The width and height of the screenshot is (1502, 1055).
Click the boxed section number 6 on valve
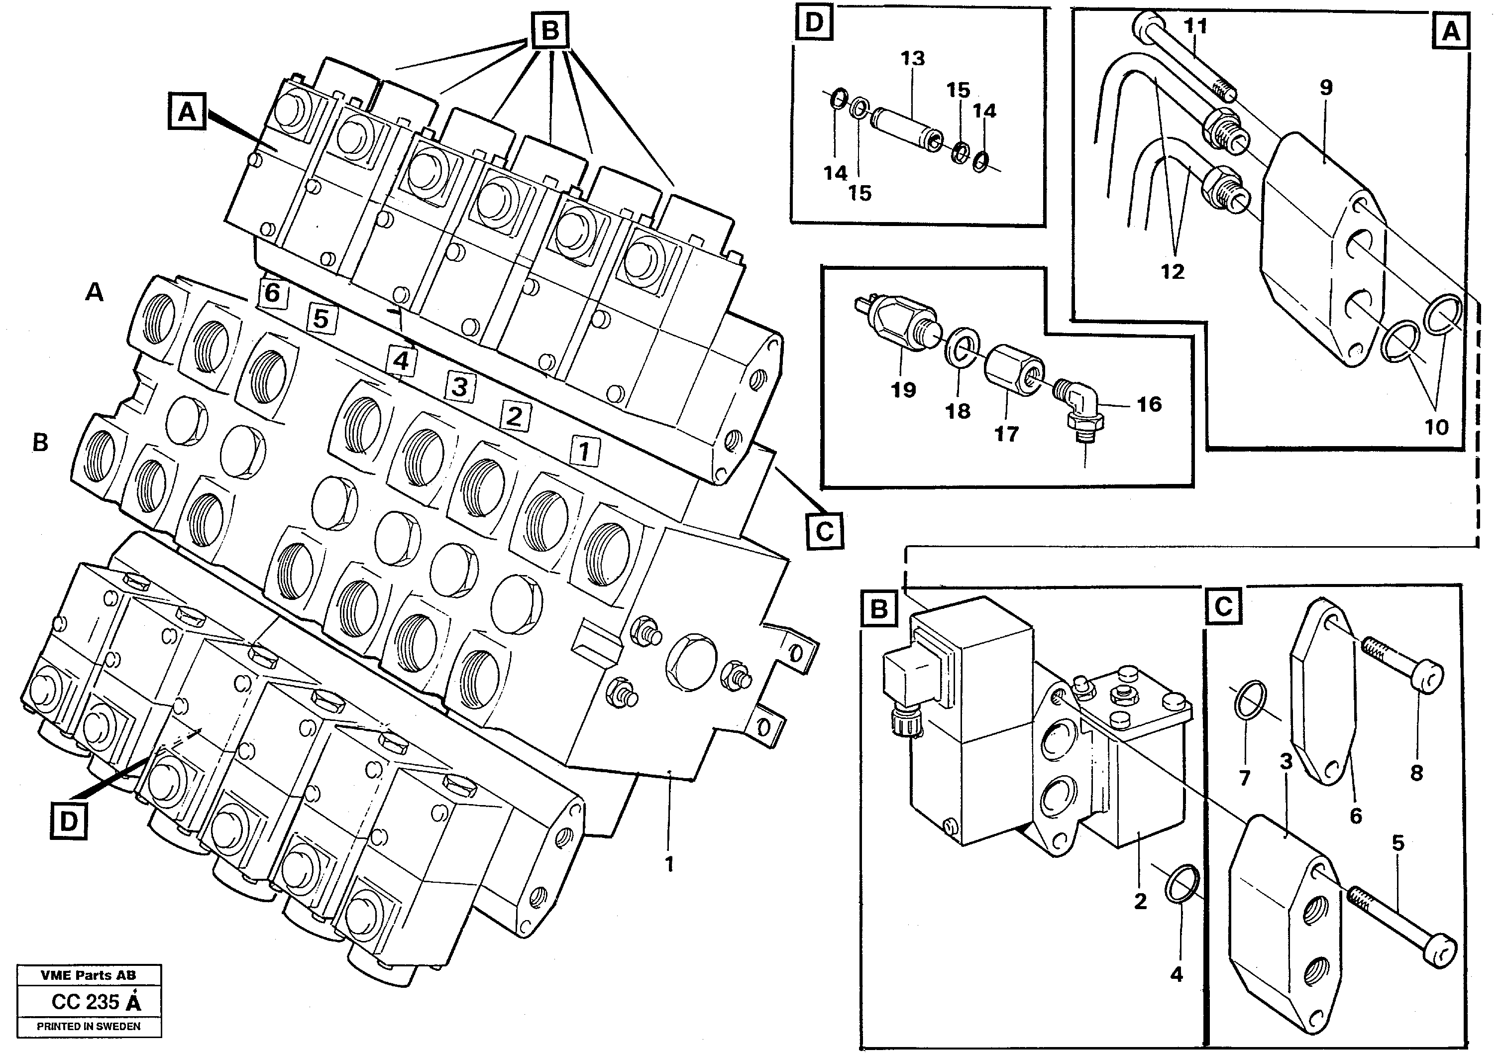click(x=272, y=293)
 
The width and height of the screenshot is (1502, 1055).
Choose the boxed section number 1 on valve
click(x=584, y=451)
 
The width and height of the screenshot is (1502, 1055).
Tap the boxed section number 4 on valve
click(x=401, y=360)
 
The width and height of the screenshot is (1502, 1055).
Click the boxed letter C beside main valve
click(x=824, y=531)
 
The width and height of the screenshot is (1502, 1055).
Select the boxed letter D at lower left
click(x=69, y=822)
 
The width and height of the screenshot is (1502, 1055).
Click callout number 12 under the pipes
click(x=1173, y=271)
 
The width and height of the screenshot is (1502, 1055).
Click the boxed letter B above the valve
click(x=549, y=30)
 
